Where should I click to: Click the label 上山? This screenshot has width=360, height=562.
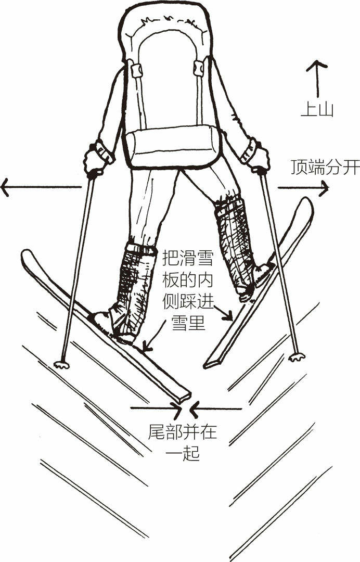point(316,109)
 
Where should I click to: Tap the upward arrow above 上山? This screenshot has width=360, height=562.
point(316,78)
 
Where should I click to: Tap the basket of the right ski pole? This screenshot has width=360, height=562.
point(297,357)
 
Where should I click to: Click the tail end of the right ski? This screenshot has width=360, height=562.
point(211,362)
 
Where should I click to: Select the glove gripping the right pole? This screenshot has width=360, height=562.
point(257,156)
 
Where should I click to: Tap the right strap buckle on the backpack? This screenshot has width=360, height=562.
point(199,68)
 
